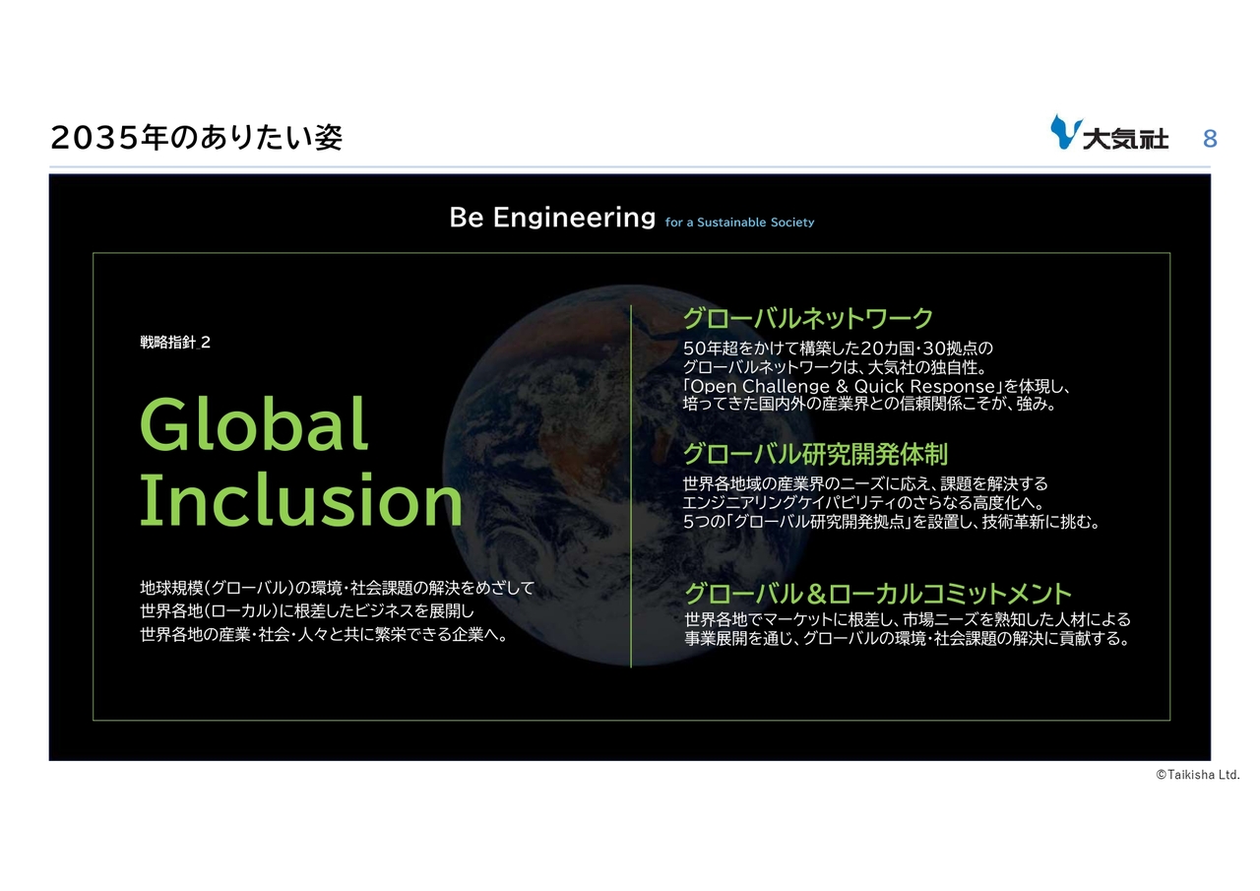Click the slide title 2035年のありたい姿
pyautogui.click(x=196, y=137)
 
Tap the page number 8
pyautogui.click(x=1210, y=139)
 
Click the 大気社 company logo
pyautogui.click(x=1108, y=133)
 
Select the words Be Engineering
pyautogui.click(x=552, y=218)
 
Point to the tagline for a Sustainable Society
pyautogui.click(x=739, y=223)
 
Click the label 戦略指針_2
pyautogui.click(x=175, y=342)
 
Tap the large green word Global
pyautogui.click(x=254, y=424)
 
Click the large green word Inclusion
pyautogui.click(x=301, y=500)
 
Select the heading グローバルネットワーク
pyautogui.click(x=808, y=318)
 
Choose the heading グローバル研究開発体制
pyautogui.click(x=816, y=454)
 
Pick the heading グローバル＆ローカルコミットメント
pyautogui.click(x=877, y=594)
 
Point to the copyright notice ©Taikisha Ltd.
pyautogui.click(x=1198, y=775)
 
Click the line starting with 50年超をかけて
pyautogui.click(x=838, y=349)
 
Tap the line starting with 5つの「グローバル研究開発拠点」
pyautogui.click(x=891, y=522)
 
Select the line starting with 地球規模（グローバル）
pyautogui.click(x=337, y=589)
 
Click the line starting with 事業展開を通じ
pyautogui.click(x=907, y=638)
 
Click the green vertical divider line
pyautogui.click(x=631, y=486)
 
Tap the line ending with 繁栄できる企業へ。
pyautogui.click(x=324, y=634)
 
